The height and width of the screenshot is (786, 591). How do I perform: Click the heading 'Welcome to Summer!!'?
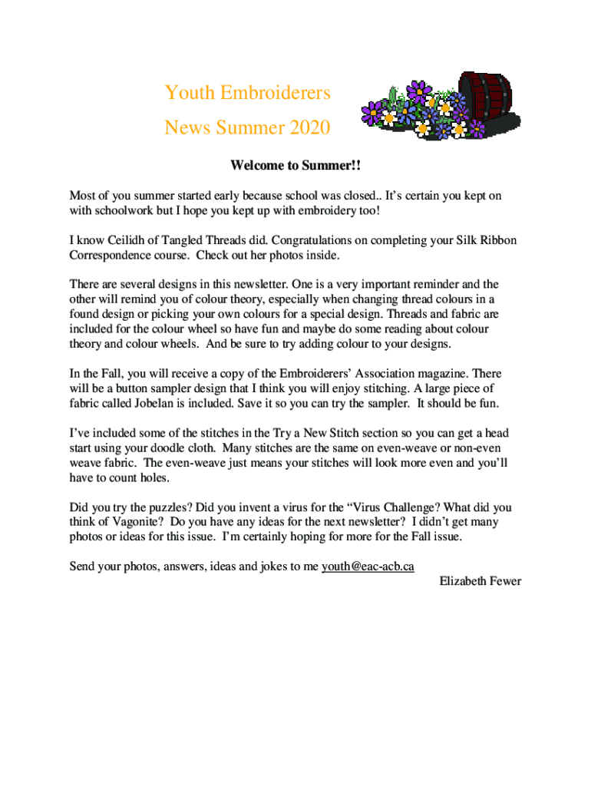coord(295,167)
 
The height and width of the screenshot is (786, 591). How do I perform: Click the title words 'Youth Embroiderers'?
coord(247,94)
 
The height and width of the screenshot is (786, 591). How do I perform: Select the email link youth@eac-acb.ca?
coord(368,566)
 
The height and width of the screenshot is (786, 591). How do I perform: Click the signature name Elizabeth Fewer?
coord(480,581)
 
